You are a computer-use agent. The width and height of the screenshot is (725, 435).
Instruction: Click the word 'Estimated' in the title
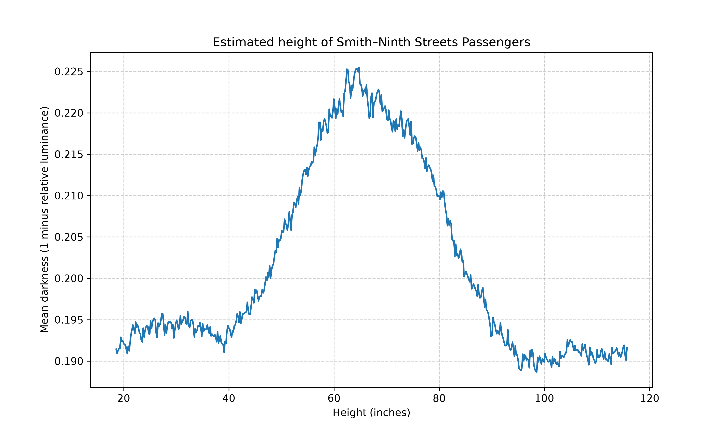coord(244,42)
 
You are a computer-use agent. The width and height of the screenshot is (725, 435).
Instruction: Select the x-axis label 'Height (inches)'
coord(371,413)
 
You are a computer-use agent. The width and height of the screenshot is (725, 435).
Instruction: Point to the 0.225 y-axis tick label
coord(69,72)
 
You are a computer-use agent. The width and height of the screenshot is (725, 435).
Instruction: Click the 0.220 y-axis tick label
coord(69,113)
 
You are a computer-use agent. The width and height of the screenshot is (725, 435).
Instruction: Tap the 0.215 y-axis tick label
coord(69,154)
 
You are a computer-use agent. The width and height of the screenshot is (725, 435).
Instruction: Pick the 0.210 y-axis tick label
coord(69,196)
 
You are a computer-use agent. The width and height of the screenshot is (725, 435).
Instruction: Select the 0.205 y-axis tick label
coord(69,237)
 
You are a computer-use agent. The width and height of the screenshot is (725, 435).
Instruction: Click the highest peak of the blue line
coord(359,67)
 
